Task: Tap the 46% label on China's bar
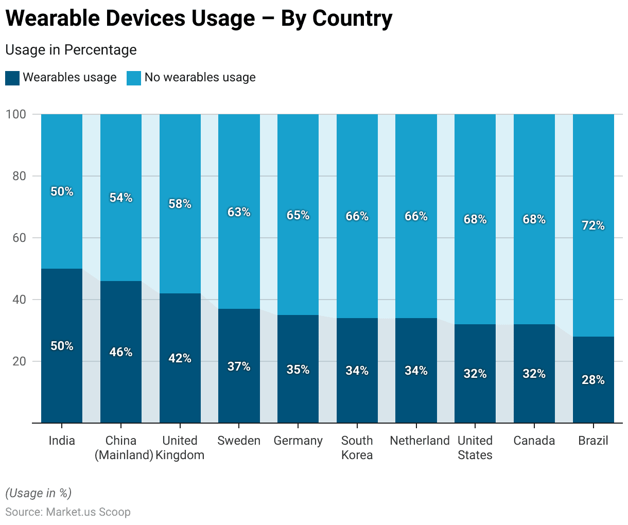121,352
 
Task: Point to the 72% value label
593,225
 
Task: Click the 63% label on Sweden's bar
239,212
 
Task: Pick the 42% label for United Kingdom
180,358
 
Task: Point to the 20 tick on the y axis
19,361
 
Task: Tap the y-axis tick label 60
19,238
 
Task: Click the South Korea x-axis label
357,448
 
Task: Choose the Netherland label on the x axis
420,441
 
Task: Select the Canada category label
534,441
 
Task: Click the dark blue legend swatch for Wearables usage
12,78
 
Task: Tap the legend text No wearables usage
200,78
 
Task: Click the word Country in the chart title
352,19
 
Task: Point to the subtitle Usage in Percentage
71,50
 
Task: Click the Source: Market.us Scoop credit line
68,512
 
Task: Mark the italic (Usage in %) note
39,493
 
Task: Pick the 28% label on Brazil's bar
593,380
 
